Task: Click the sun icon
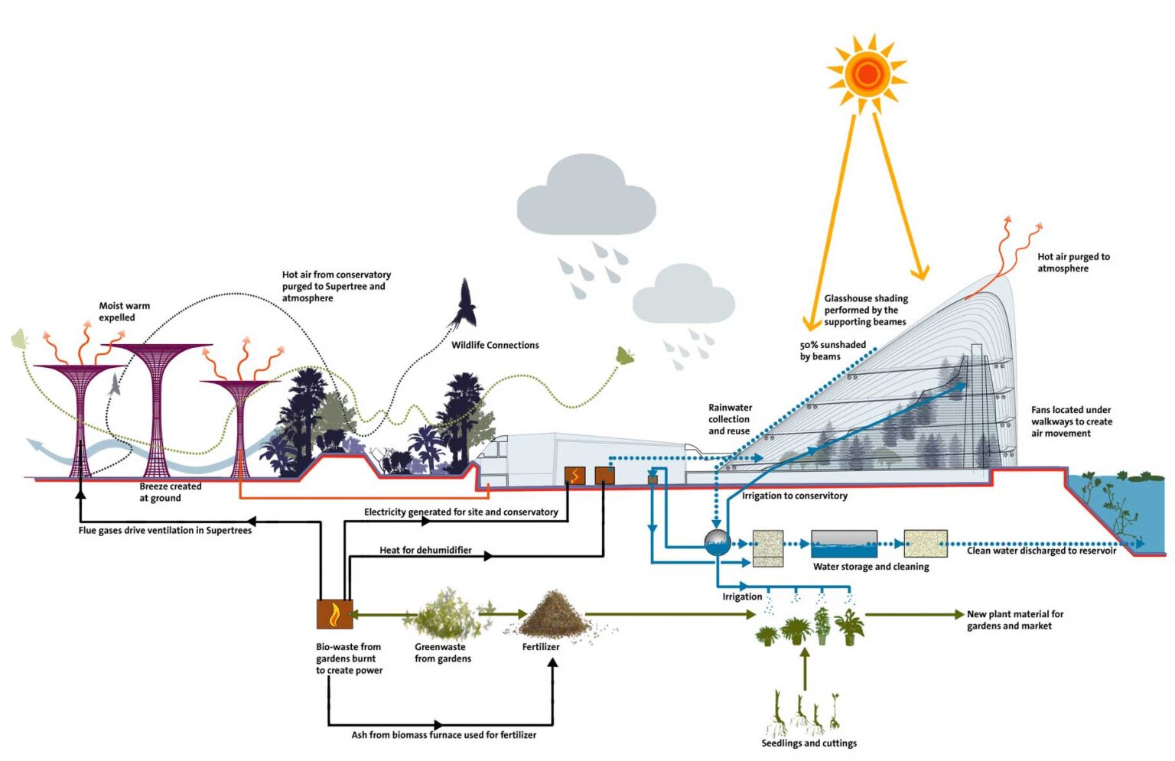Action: pyautogui.click(x=867, y=73)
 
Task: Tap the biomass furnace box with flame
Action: pyautogui.click(x=334, y=613)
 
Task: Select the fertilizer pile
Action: pyautogui.click(x=552, y=616)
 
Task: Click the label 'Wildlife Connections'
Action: pyautogui.click(x=495, y=345)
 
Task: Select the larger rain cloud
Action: pyautogui.click(x=585, y=197)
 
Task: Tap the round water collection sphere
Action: pyautogui.click(x=717, y=542)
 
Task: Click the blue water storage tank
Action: pyautogui.click(x=844, y=545)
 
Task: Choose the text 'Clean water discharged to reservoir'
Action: pyautogui.click(x=1041, y=551)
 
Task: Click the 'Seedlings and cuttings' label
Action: pyautogui.click(x=809, y=743)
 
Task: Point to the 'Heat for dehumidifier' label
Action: pyautogui.click(x=425, y=550)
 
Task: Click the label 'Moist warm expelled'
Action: pyautogui.click(x=124, y=311)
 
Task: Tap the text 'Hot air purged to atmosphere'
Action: pyautogui.click(x=1072, y=262)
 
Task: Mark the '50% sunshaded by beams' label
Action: pyautogui.click(x=832, y=350)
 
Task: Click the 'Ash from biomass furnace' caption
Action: pyautogui.click(x=444, y=735)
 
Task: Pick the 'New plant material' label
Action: pyautogui.click(x=1014, y=620)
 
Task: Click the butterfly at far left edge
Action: pyautogui.click(x=19, y=339)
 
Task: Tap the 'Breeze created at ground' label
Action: pyautogui.click(x=170, y=492)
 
